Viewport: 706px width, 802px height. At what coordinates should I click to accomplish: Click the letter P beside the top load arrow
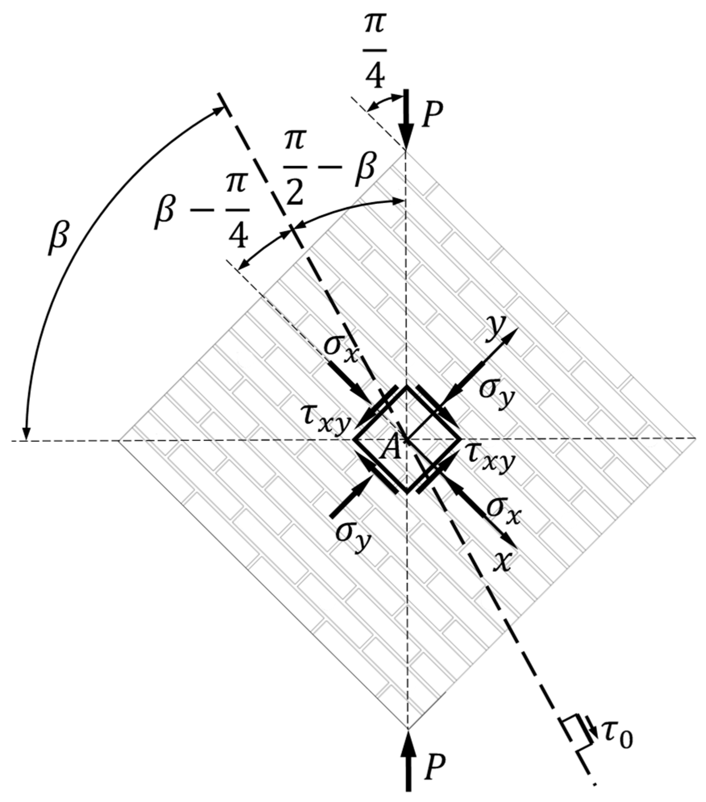(432, 116)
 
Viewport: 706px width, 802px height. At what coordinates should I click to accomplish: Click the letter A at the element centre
(391, 449)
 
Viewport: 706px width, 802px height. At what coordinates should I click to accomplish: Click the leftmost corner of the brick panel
(119, 440)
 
